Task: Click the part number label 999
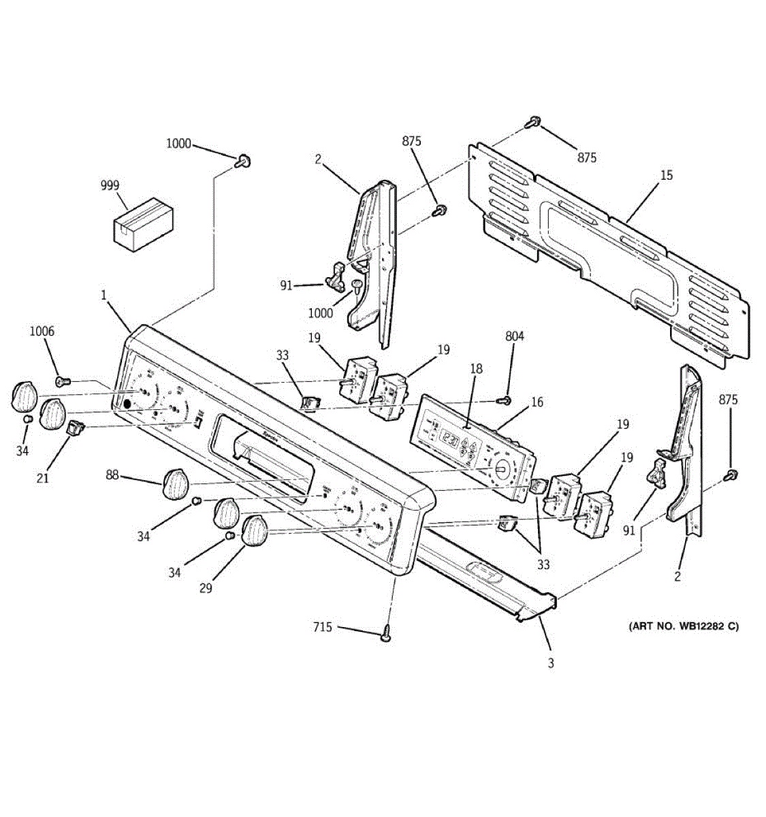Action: point(110,185)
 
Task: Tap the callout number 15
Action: point(666,175)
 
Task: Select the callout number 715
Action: point(323,626)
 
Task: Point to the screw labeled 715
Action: point(387,633)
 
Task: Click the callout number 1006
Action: point(42,332)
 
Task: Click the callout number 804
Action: point(515,336)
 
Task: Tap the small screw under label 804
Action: point(505,400)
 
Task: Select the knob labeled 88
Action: point(176,483)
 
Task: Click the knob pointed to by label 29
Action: point(255,530)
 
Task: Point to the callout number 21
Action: point(42,478)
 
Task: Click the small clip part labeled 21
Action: point(74,428)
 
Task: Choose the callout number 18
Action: point(476,368)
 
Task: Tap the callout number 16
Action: point(537,402)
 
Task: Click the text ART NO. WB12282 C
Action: point(682,626)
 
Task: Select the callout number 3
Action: point(551,663)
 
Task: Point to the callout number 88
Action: point(112,475)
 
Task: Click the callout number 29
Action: point(205,588)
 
